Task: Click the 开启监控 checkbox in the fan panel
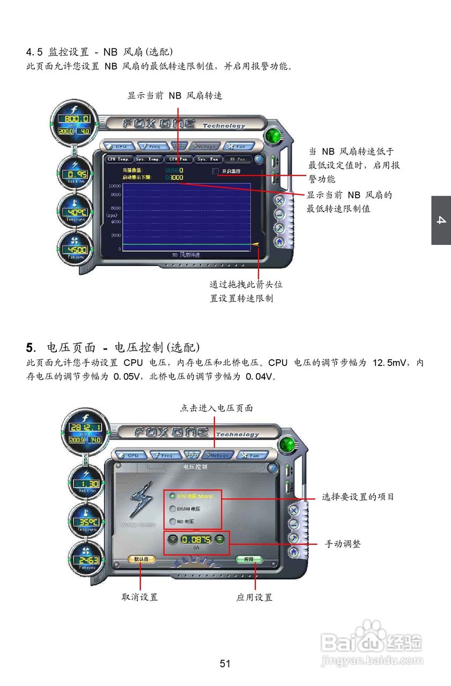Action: click(216, 171)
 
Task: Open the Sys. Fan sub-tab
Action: click(208, 159)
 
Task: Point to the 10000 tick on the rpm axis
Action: click(114, 185)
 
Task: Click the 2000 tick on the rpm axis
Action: click(115, 235)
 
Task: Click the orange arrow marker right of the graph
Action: click(255, 244)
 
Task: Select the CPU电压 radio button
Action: click(173, 496)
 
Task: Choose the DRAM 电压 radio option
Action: click(173, 509)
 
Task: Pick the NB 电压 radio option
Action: click(173, 521)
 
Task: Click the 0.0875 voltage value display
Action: click(196, 539)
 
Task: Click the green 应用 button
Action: click(249, 559)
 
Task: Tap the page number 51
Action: click(225, 663)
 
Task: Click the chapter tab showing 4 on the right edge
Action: click(441, 220)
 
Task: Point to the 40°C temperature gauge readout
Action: click(75, 211)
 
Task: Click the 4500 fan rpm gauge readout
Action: click(75, 250)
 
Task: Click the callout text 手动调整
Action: click(343, 544)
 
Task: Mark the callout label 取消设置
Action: click(140, 597)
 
